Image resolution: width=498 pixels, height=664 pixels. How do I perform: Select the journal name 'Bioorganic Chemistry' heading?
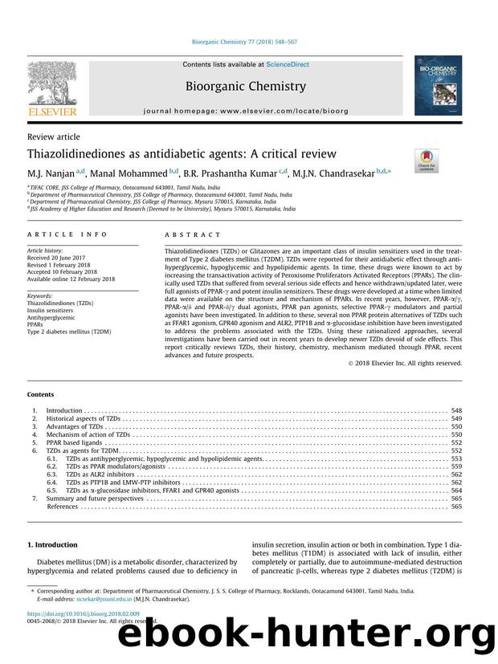click(245, 86)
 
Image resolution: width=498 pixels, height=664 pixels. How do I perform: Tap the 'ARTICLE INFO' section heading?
click(59, 234)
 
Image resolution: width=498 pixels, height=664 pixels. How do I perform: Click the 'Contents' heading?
click(41, 395)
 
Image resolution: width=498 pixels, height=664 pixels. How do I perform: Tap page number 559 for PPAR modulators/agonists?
click(456, 466)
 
